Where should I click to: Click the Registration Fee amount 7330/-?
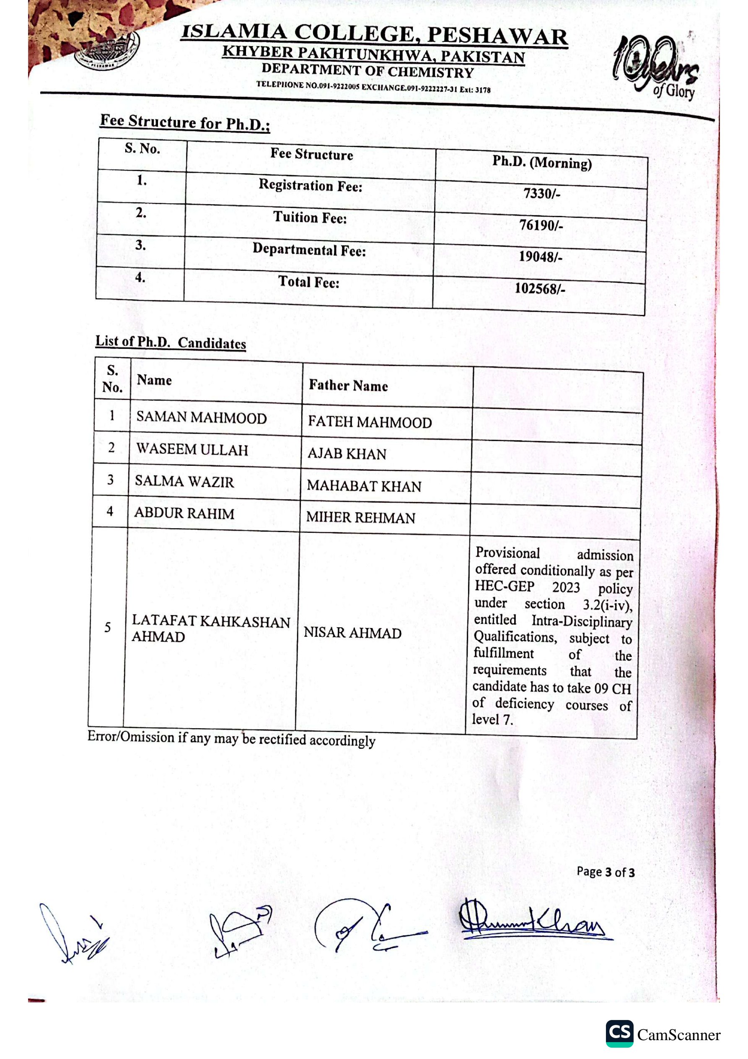pyautogui.click(x=541, y=193)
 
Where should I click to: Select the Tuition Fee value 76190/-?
pyautogui.click(x=541, y=225)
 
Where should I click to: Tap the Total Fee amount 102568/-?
pyautogui.click(x=540, y=289)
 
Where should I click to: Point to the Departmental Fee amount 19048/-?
pyautogui.click(x=541, y=257)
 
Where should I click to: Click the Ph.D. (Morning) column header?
pyautogui.click(x=542, y=162)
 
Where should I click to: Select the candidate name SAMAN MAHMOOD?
pyautogui.click(x=202, y=418)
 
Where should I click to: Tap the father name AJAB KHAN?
pyautogui.click(x=347, y=454)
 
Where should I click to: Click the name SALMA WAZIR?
pyautogui.click(x=184, y=482)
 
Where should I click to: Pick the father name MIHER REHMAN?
pyautogui.click(x=361, y=517)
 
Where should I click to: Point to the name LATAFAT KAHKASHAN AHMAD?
pyautogui.click(x=210, y=629)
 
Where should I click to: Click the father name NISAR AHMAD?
pyautogui.click(x=352, y=633)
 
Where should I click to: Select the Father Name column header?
pyautogui.click(x=348, y=386)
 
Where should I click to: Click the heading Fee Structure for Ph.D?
pyautogui.click(x=185, y=123)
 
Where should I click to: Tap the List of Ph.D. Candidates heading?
pyautogui.click(x=171, y=342)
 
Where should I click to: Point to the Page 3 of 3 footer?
pyautogui.click(x=605, y=872)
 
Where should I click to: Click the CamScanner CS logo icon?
pyautogui.click(x=619, y=1033)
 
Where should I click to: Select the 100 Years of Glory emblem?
pyautogui.click(x=655, y=67)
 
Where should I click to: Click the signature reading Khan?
pyautogui.click(x=535, y=922)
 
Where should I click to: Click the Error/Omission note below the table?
pyautogui.click(x=231, y=739)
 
